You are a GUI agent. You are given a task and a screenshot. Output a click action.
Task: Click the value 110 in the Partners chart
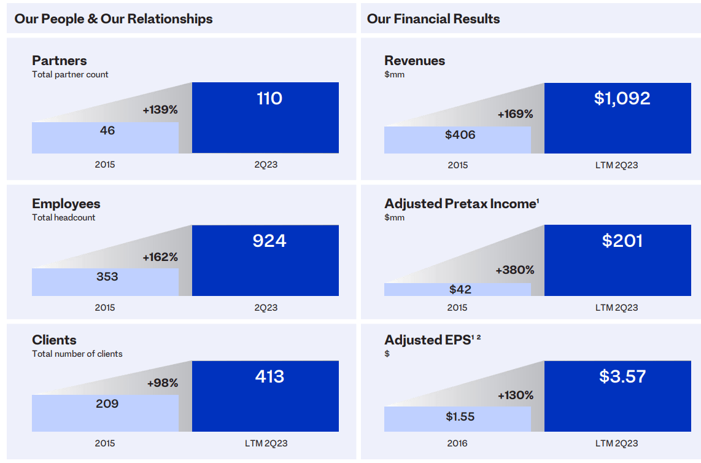[x=269, y=99]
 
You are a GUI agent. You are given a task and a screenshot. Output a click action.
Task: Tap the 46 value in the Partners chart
[x=107, y=131]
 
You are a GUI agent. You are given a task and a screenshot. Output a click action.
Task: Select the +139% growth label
[x=160, y=110]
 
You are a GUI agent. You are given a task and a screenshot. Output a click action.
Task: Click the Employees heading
[x=66, y=204]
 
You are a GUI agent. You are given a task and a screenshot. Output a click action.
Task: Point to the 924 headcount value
[x=269, y=241]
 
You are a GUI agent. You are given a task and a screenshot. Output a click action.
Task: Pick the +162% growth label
[x=160, y=257]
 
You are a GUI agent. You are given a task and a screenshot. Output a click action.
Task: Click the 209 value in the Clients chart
[x=107, y=404]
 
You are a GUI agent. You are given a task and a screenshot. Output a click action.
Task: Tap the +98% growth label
[x=163, y=383]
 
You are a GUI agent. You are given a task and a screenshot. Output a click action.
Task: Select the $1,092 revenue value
[x=622, y=99]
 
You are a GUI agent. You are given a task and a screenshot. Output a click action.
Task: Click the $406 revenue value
[x=460, y=135]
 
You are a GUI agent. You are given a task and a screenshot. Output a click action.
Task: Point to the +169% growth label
[x=515, y=114]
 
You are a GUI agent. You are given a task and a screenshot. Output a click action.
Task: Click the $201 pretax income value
[x=622, y=241]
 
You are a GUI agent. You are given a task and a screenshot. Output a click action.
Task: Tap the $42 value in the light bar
[x=460, y=289]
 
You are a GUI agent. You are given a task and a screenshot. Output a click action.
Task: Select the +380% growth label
[x=515, y=270]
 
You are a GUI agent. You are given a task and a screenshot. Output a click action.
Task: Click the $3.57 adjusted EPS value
[x=622, y=376]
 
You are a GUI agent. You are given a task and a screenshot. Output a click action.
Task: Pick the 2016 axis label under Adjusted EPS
[x=457, y=443]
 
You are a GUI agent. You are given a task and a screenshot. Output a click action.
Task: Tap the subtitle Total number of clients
[x=77, y=354]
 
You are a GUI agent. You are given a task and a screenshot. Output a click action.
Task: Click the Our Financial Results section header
[x=433, y=19]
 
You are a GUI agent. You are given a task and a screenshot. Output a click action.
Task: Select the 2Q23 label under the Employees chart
[x=266, y=308]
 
